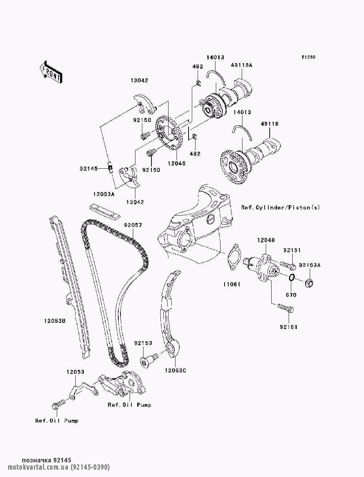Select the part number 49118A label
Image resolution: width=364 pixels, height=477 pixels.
[x=242, y=65]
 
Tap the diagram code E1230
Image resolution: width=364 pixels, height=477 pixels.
[x=308, y=57]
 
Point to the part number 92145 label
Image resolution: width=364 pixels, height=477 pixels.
[x=88, y=168]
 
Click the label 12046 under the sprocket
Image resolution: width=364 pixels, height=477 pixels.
[x=177, y=163]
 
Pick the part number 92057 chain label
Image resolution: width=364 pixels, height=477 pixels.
[x=133, y=225]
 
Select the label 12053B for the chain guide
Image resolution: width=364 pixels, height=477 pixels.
[x=55, y=321]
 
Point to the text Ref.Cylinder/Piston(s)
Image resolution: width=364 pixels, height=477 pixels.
[x=281, y=208]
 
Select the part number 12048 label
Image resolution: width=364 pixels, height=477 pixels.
[x=266, y=240]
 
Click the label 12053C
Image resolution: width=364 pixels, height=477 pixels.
[x=175, y=371]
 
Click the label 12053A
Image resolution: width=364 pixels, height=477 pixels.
[x=104, y=194]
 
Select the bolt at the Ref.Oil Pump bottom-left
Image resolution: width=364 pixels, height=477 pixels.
[x=58, y=405]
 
